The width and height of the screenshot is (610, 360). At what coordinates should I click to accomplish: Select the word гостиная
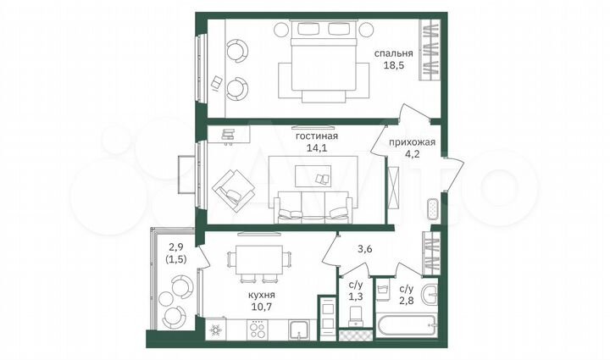click(317, 136)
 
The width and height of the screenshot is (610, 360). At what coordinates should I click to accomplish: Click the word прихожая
click(413, 142)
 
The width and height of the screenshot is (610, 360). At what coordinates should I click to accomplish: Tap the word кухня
click(261, 295)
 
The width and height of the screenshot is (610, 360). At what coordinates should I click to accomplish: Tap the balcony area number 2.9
click(175, 247)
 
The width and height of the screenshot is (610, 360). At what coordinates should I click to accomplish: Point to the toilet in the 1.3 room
click(356, 318)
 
